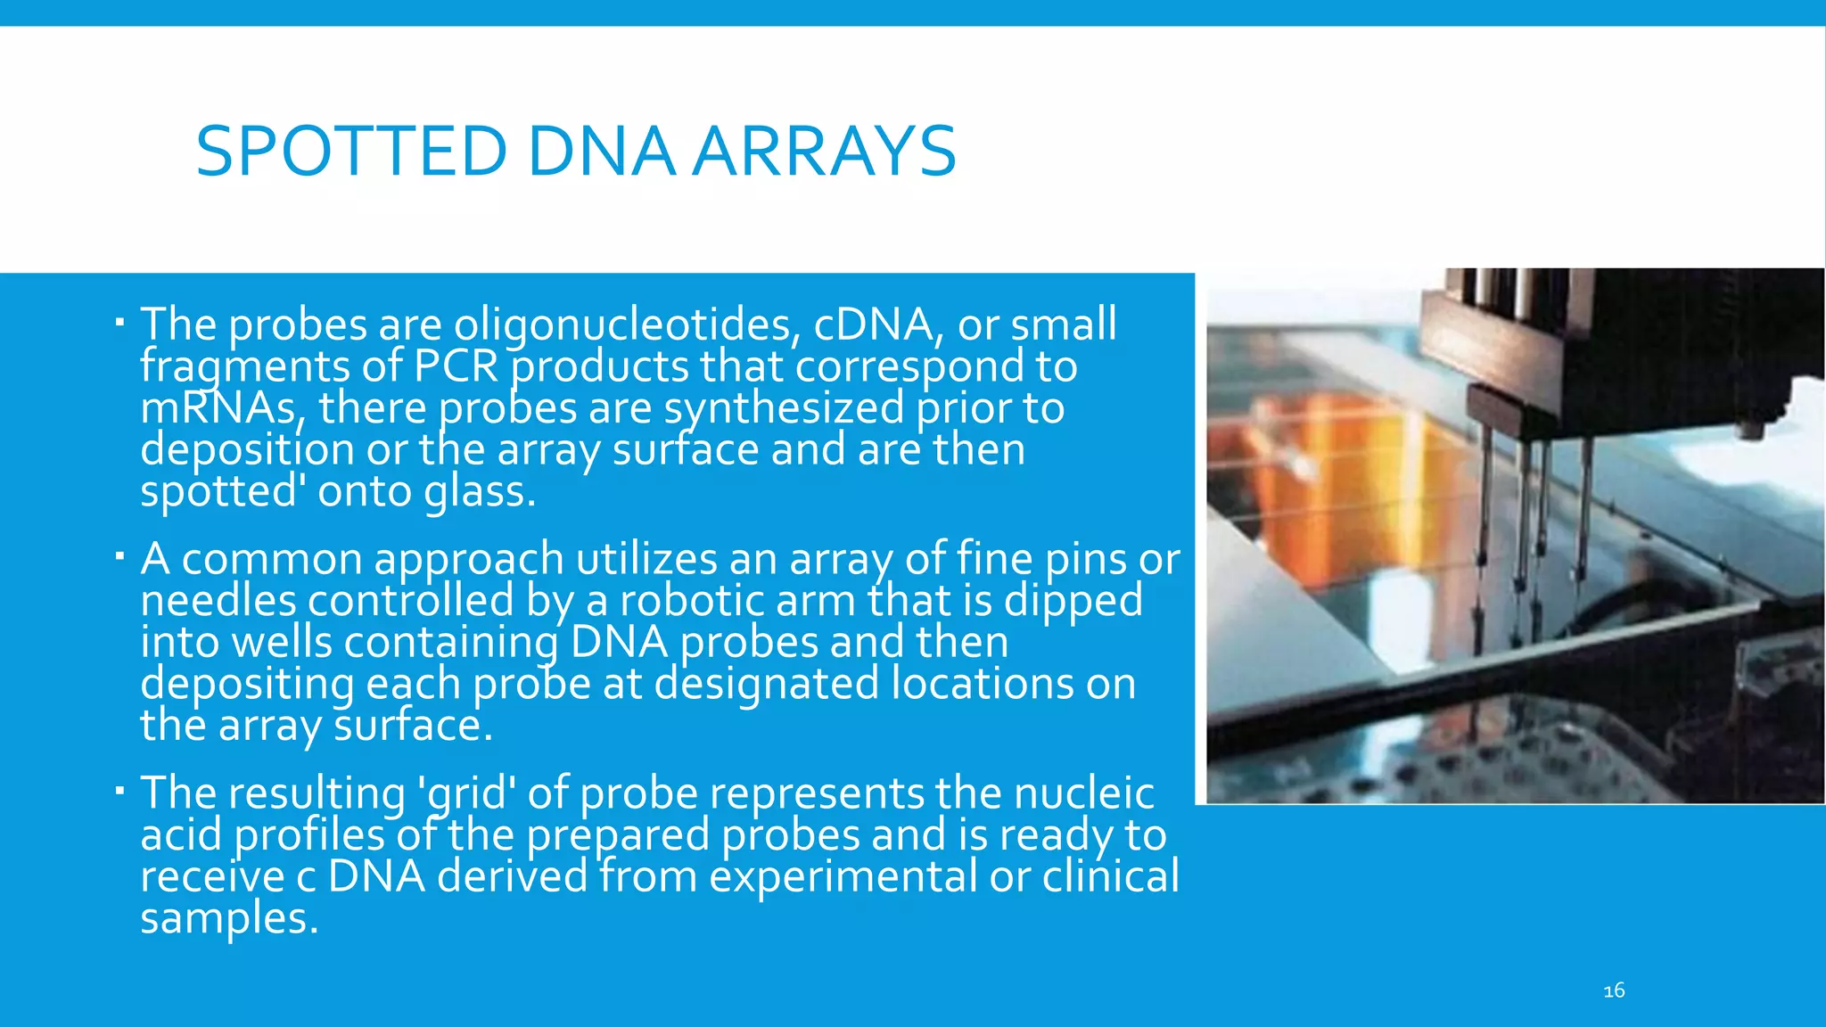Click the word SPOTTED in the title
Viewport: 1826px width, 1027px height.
point(351,151)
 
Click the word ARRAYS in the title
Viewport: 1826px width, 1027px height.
point(825,151)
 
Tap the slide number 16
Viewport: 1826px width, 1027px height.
point(1614,990)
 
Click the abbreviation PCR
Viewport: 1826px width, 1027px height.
point(455,366)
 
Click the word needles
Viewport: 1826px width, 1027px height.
point(218,600)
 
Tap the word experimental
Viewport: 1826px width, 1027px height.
point(843,875)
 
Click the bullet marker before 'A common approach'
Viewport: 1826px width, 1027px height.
point(119,556)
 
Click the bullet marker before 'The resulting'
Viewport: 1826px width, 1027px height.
point(119,790)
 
